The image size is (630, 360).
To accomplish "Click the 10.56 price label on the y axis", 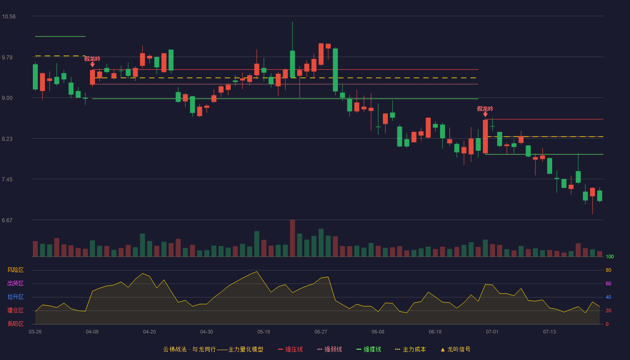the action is pyautogui.click(x=9, y=17).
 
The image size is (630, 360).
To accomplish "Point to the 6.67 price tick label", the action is pyautogui.click(x=7, y=220).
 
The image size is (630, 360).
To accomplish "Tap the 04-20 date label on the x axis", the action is pyautogui.click(x=149, y=332).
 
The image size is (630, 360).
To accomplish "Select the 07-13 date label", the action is pyautogui.click(x=549, y=332).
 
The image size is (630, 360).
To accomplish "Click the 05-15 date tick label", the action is pyautogui.click(x=264, y=332).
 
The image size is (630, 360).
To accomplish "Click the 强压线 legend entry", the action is pyautogui.click(x=290, y=349).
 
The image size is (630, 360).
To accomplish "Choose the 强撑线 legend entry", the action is pyautogui.click(x=369, y=349).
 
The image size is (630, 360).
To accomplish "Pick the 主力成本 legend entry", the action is pyautogui.click(x=410, y=349).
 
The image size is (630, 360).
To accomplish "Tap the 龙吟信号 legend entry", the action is pyautogui.click(x=455, y=349).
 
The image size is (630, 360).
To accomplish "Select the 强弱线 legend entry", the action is pyautogui.click(x=329, y=349).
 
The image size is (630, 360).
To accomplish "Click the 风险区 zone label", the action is pyautogui.click(x=15, y=270).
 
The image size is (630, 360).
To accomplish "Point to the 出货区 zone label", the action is pyautogui.click(x=15, y=283).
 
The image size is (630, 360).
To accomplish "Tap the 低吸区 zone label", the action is pyautogui.click(x=15, y=324).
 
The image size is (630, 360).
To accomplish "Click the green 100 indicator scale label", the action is pyautogui.click(x=610, y=256).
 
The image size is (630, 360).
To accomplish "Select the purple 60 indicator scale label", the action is pyautogui.click(x=608, y=283).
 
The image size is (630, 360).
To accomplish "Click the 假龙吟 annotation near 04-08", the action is pyautogui.click(x=92, y=59).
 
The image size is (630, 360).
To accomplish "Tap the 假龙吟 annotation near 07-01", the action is pyautogui.click(x=485, y=109).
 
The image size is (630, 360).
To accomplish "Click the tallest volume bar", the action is pyautogui.click(x=292, y=238).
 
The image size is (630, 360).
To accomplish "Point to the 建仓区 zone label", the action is pyautogui.click(x=15, y=310).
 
